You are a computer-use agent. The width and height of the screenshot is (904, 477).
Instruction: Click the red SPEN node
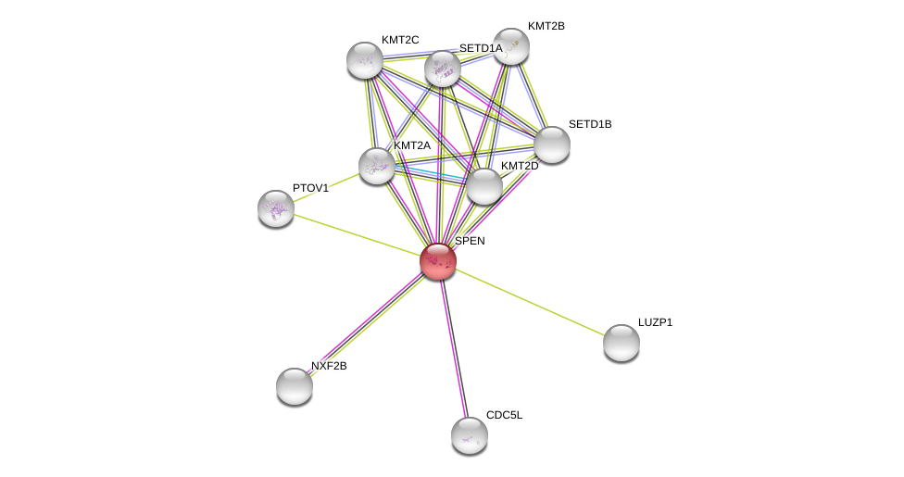coord(437,261)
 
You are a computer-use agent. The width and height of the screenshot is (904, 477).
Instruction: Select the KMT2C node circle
coord(365,60)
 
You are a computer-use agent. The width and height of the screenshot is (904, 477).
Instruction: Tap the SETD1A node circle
coord(443,69)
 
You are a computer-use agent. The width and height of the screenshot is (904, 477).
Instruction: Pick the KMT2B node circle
coord(510,46)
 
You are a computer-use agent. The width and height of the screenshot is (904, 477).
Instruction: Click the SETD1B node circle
coord(552,144)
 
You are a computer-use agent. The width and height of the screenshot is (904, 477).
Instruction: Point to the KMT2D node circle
coord(483,186)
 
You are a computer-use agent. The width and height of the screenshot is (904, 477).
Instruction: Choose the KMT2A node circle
coord(377,166)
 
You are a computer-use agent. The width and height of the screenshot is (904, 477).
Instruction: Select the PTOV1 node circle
coord(276,208)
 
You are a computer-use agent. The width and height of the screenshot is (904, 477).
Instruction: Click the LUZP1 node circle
coord(621,343)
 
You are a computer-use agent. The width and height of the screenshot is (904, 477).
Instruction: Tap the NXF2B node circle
coord(295,386)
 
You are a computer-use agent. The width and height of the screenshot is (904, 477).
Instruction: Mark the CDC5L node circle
coord(470,435)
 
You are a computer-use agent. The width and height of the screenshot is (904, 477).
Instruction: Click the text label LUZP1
coord(655,322)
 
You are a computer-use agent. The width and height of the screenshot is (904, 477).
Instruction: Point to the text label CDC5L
coord(504,415)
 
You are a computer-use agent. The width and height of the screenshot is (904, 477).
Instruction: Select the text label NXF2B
coord(329,366)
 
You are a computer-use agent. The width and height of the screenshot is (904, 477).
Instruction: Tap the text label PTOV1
coord(310,188)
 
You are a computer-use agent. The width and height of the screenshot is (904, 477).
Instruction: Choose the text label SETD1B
coord(589,124)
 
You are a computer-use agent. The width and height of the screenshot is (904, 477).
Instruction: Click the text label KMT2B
coord(546,26)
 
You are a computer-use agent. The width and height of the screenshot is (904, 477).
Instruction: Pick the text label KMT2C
coord(400,40)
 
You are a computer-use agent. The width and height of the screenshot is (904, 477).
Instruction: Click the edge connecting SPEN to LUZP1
coord(529,302)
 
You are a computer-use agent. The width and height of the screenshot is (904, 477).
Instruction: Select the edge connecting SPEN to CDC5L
coord(453,347)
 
